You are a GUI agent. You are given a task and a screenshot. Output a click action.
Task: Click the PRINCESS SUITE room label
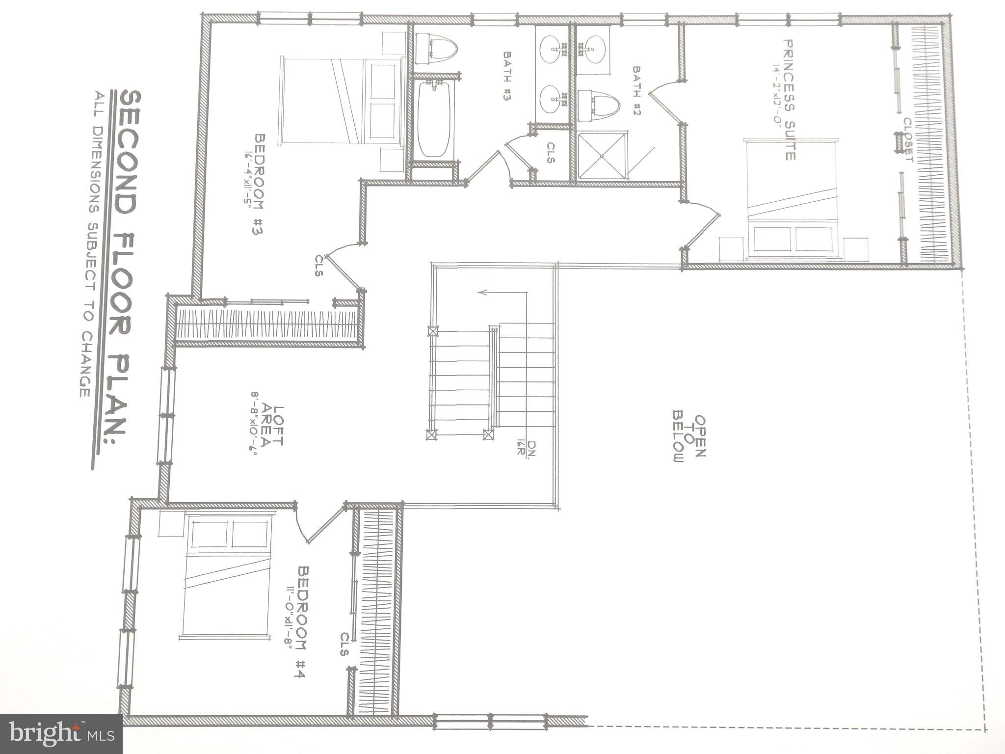pos(789,100)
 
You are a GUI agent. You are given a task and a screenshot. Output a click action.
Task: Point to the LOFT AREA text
pos(271,426)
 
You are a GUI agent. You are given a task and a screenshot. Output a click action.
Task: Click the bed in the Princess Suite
pos(790,199)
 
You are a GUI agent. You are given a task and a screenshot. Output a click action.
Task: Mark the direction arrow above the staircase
pos(501,293)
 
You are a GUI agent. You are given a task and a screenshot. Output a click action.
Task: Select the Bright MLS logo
pos(61,734)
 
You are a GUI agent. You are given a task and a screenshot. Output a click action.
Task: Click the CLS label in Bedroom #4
pos(344,644)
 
